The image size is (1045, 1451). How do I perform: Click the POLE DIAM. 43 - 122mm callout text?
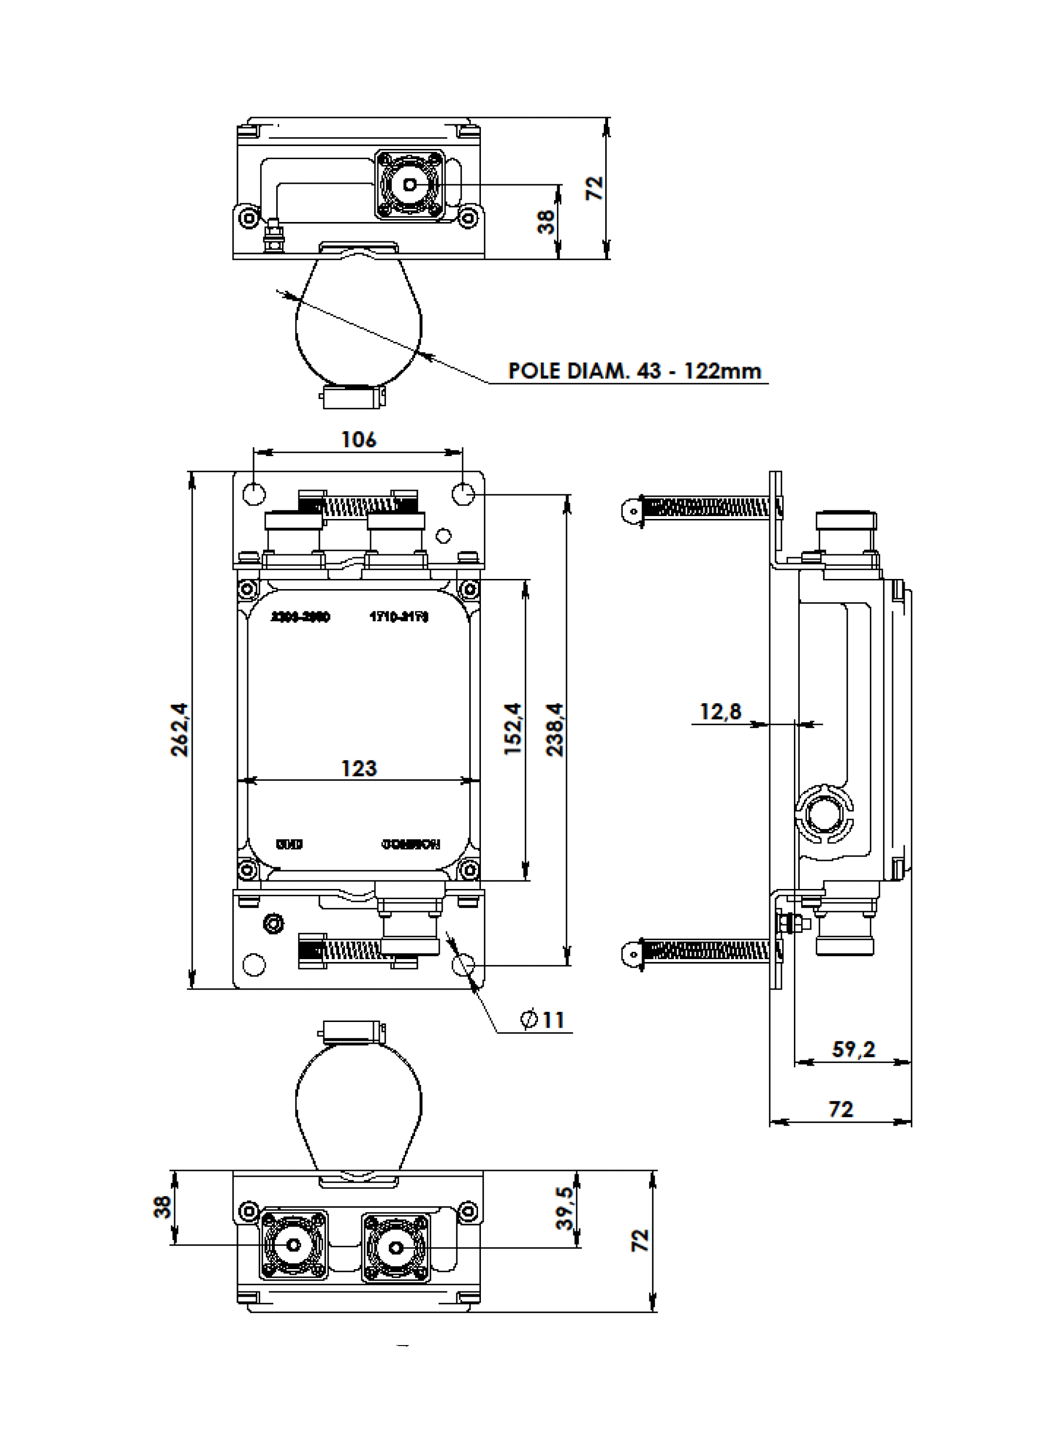pos(634,370)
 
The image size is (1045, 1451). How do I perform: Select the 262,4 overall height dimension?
pos(180,729)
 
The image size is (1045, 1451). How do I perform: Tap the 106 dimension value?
pos(358,440)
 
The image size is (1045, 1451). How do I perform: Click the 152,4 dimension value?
pos(513,729)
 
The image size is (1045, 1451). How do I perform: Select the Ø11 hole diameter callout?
pos(543,1019)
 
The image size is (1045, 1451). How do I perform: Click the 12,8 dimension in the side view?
pos(720,711)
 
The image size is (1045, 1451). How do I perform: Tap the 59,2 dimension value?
pos(853,1049)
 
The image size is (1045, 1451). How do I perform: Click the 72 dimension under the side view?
pos(840,1109)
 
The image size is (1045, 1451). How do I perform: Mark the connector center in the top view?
pos(410,185)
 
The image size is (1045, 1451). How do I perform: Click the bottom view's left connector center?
pos(294,1245)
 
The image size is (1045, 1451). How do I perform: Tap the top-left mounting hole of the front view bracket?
pos(254,494)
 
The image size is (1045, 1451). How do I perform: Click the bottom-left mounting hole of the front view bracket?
pos(254,964)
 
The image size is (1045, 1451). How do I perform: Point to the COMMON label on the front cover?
pos(411,844)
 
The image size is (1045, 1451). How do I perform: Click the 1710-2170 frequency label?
pos(399,617)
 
